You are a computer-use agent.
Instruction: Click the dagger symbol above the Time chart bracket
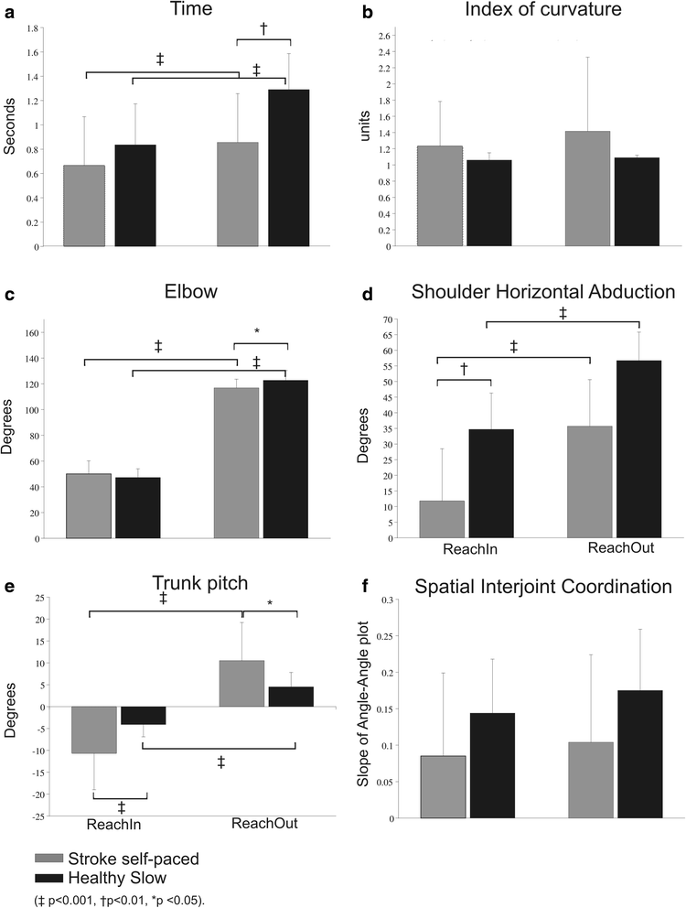tap(263, 28)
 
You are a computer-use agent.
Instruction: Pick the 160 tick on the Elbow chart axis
tap(33, 333)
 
